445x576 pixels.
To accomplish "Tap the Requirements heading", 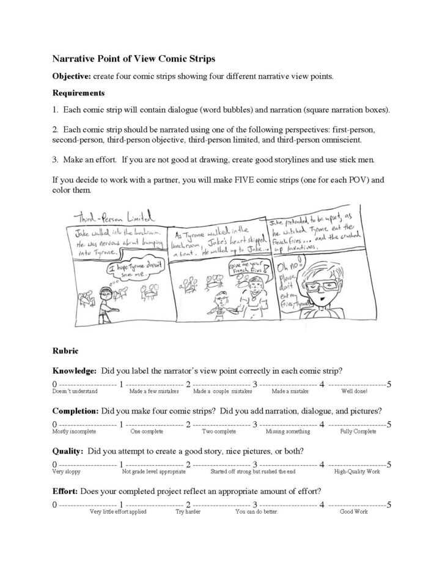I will (78, 94).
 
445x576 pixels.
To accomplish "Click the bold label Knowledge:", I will (74, 371).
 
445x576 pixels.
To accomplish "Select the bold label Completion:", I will (76, 410).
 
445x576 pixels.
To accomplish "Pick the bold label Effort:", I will (66, 490).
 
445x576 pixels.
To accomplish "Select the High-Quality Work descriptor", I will (357, 471).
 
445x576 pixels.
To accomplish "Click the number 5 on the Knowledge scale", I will (389, 383).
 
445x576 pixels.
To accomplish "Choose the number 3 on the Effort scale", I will (254, 504).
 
